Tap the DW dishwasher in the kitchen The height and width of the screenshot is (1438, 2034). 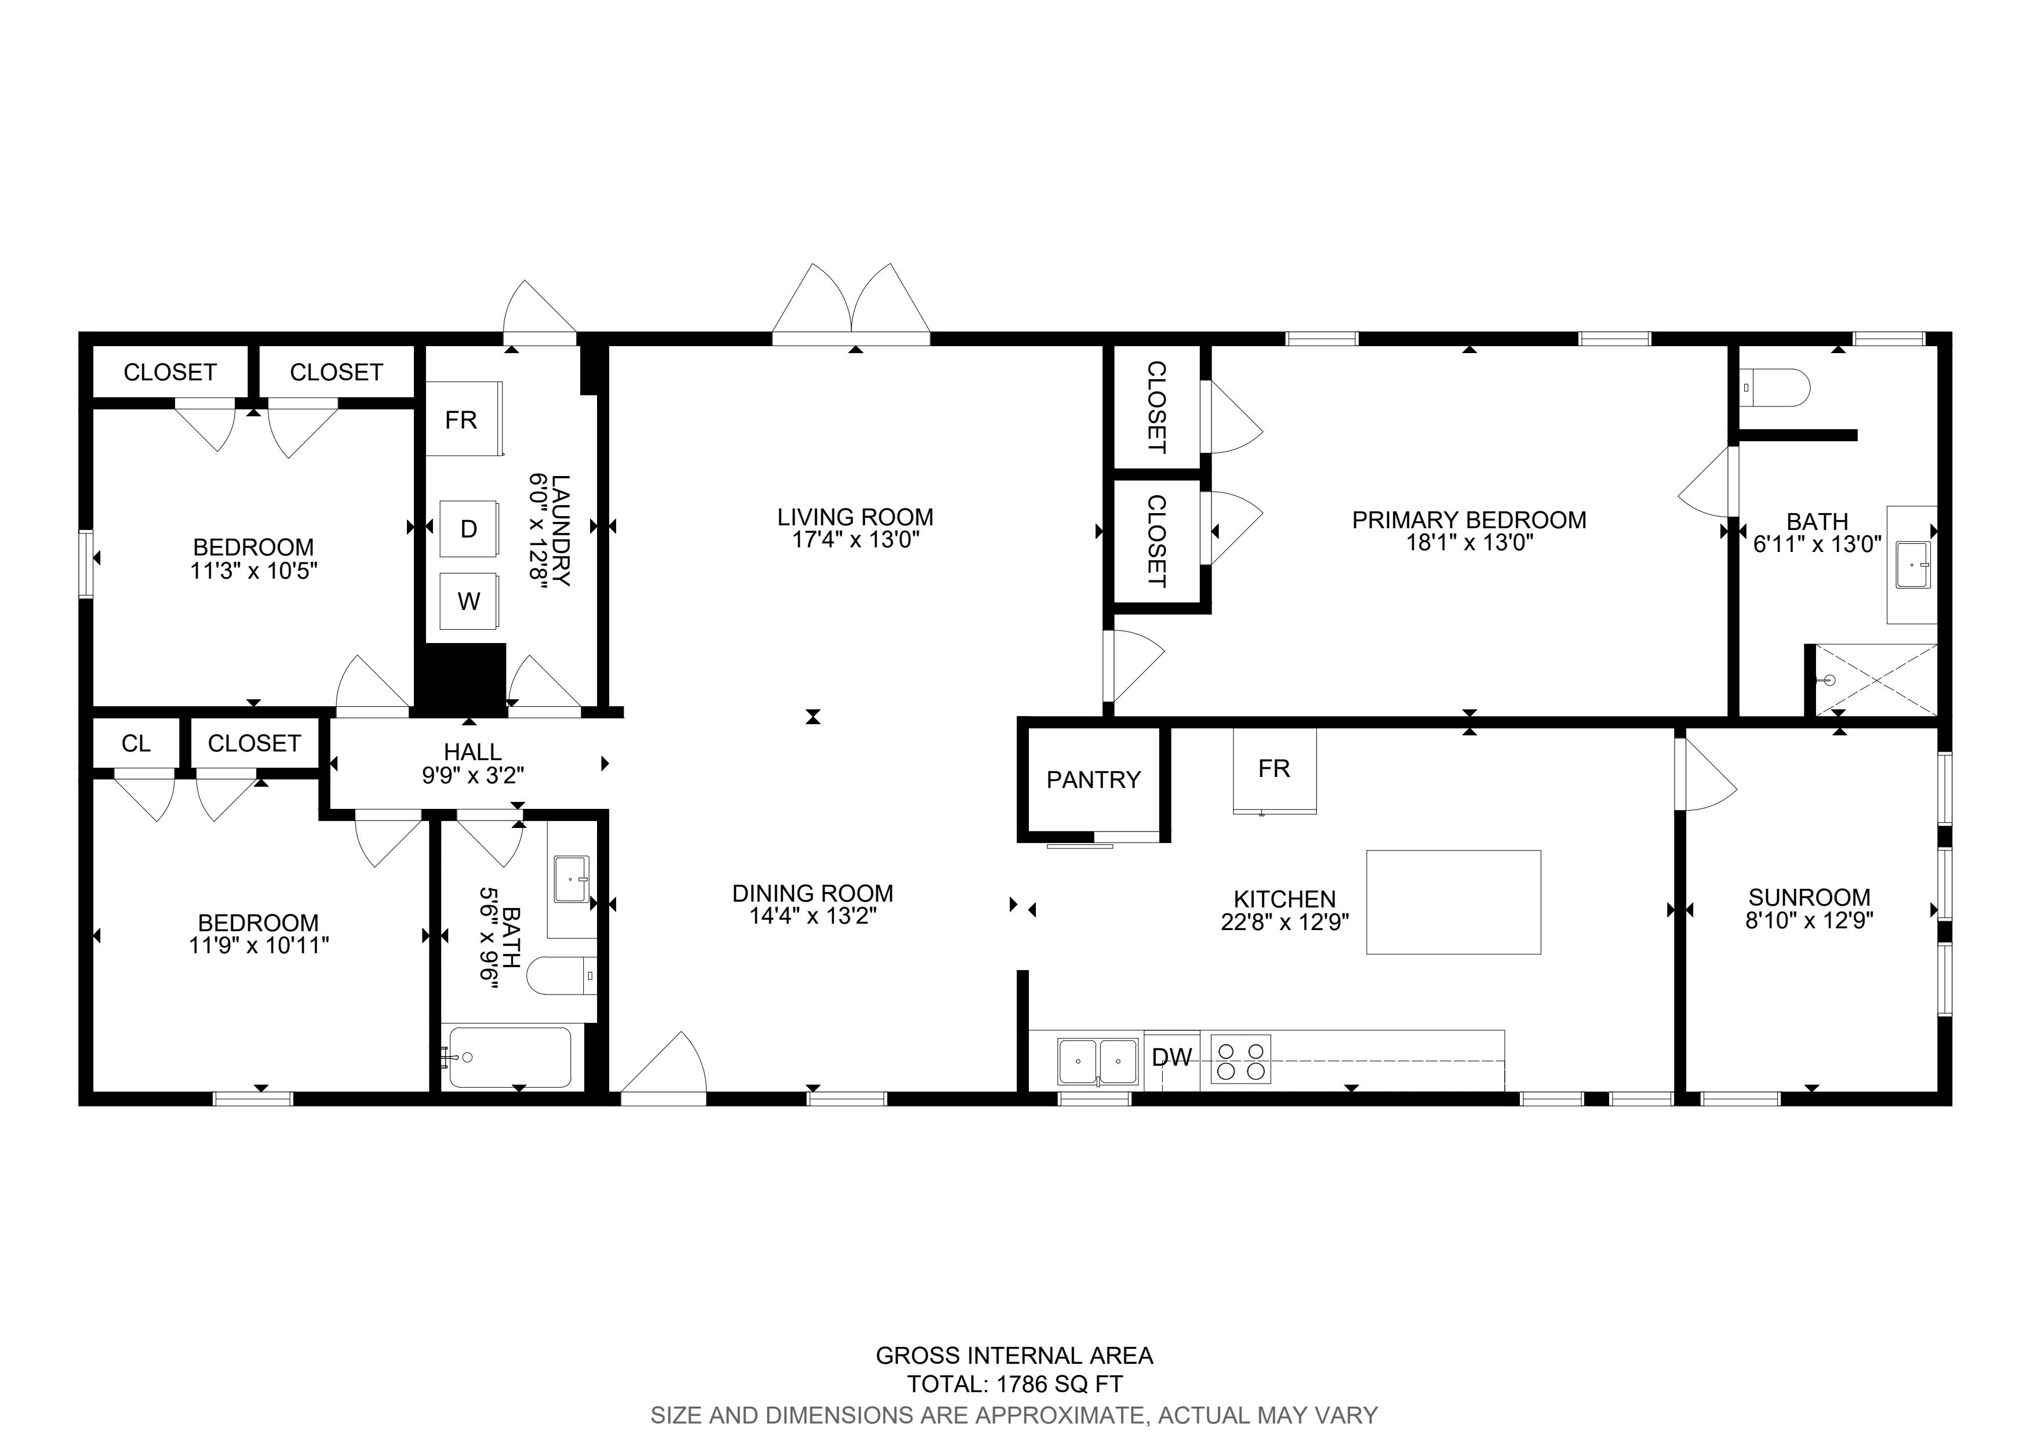click(x=1172, y=1057)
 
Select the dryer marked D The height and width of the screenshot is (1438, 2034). click(x=468, y=529)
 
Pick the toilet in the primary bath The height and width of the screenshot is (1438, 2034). click(x=1774, y=388)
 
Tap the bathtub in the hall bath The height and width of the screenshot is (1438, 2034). click(x=510, y=1057)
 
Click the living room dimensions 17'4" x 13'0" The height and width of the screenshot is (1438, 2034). click(x=856, y=540)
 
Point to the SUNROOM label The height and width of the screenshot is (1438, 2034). click(x=1809, y=896)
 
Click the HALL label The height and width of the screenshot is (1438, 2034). click(x=472, y=751)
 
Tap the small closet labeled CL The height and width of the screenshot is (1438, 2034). click(x=136, y=743)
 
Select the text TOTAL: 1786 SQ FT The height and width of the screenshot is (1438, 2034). click(x=1015, y=1384)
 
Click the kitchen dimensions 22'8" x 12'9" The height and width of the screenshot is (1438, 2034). click(x=1285, y=923)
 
